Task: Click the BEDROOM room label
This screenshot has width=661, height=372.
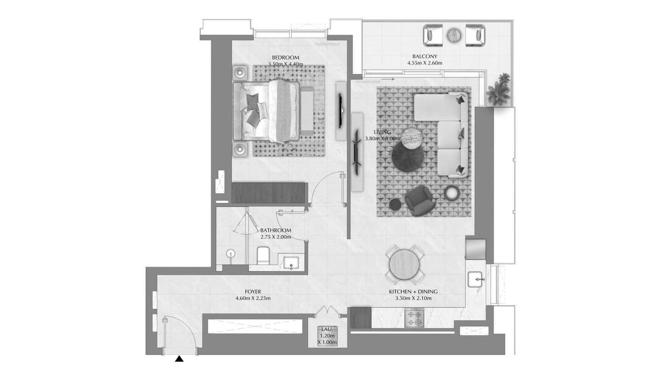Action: [285, 58]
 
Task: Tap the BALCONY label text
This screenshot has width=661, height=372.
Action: [424, 56]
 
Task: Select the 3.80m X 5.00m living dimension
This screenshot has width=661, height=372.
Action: [382, 139]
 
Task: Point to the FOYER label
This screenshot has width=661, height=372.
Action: [253, 292]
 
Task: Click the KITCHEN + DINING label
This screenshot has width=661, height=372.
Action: [413, 292]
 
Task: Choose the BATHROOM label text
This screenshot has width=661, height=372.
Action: [275, 230]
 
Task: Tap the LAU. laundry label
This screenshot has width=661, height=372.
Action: [327, 329]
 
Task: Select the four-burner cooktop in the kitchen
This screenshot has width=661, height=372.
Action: [414, 318]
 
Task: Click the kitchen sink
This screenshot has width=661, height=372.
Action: [476, 279]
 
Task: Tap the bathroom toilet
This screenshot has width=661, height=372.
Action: [263, 256]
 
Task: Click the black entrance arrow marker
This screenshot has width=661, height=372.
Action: [179, 359]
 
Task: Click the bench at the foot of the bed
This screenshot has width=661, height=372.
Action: [306, 110]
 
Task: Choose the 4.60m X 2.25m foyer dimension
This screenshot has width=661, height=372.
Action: [253, 298]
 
